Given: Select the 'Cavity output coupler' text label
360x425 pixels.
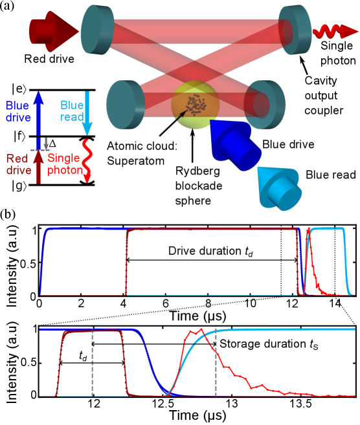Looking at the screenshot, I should [323, 96].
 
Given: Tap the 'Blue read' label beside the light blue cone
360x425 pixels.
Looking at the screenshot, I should [331, 175].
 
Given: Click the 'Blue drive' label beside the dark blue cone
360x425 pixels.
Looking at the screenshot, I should [288, 144].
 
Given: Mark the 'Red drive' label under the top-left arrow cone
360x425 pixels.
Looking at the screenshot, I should [49, 59].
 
